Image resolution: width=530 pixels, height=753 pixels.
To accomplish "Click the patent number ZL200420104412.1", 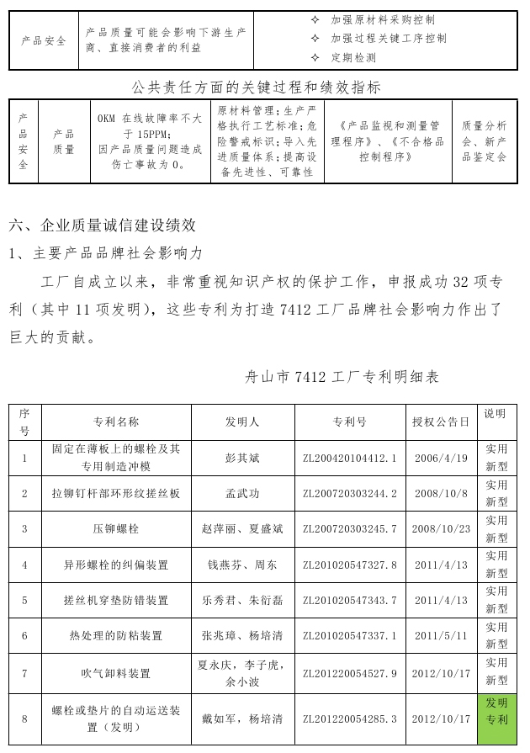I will tap(349, 459).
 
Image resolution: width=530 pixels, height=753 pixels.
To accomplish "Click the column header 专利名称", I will tap(116, 422).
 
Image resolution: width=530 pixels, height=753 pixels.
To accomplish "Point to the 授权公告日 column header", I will tap(441, 422).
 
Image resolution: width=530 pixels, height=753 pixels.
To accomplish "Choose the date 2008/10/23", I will tap(441, 529).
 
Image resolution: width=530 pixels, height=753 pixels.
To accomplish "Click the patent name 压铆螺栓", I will tap(116, 529).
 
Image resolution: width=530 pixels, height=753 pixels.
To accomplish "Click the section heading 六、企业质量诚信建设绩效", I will tap(103, 225).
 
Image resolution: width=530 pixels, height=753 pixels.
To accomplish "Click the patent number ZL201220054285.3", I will tap(349, 719).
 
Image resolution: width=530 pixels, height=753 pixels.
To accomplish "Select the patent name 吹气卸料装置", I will tap(116, 674).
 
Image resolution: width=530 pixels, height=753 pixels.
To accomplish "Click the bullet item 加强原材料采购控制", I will tap(383, 19).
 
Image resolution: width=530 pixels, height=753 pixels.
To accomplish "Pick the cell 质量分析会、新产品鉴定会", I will tap(484, 141).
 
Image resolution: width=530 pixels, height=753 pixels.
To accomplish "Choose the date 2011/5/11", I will tap(441, 636).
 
